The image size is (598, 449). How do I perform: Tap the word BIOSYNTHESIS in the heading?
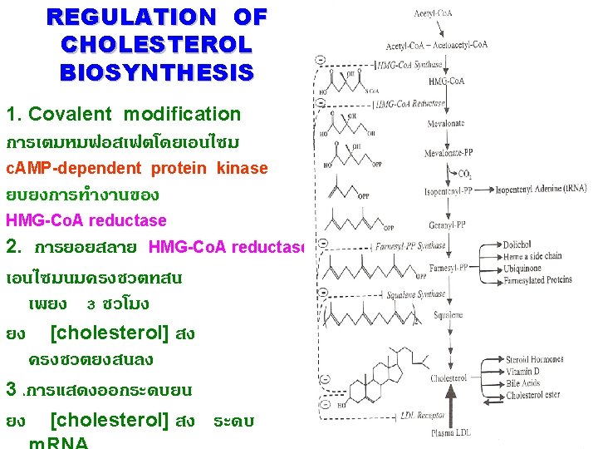pos(156,72)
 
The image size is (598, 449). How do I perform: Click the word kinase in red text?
pos(243,168)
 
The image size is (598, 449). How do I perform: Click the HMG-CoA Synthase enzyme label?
pos(410,64)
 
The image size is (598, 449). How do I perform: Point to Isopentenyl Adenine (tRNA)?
pos(541,190)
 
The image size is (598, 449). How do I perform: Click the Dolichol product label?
pos(518,244)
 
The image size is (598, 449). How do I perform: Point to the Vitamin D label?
pos(523,372)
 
